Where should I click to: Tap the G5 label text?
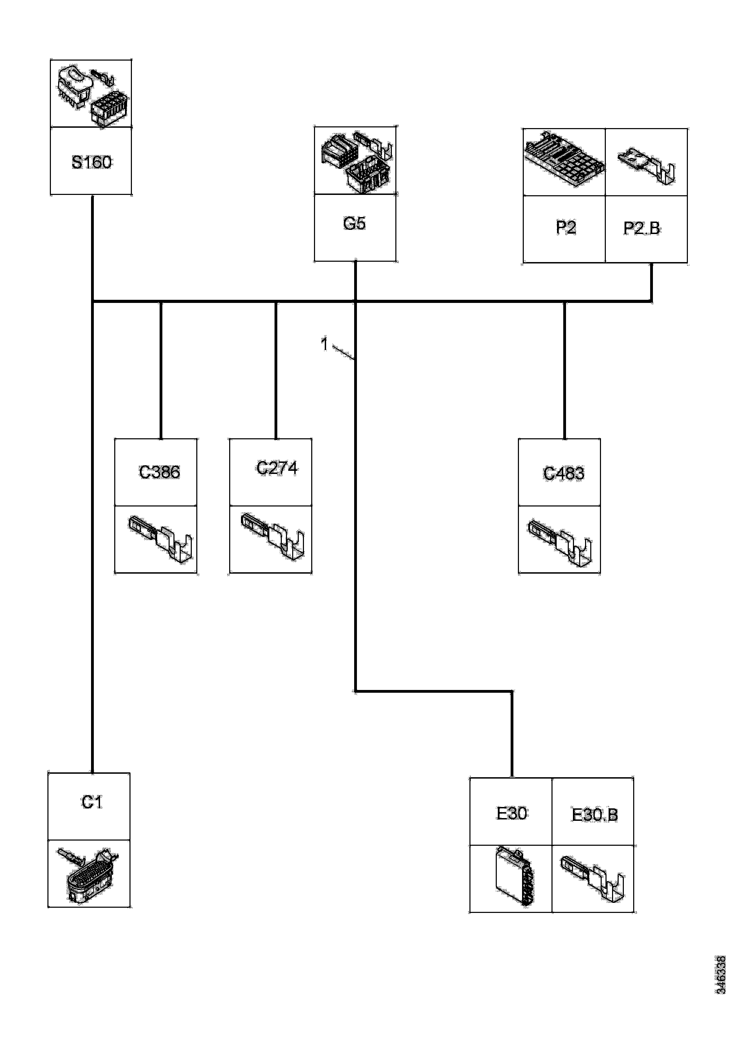tap(354, 224)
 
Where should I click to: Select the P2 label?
tap(565, 227)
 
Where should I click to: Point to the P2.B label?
tap(642, 228)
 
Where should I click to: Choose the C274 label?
tap(277, 468)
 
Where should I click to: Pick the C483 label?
tap(564, 473)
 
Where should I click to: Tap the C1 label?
tap(92, 802)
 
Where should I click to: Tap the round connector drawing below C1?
tap(88, 874)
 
